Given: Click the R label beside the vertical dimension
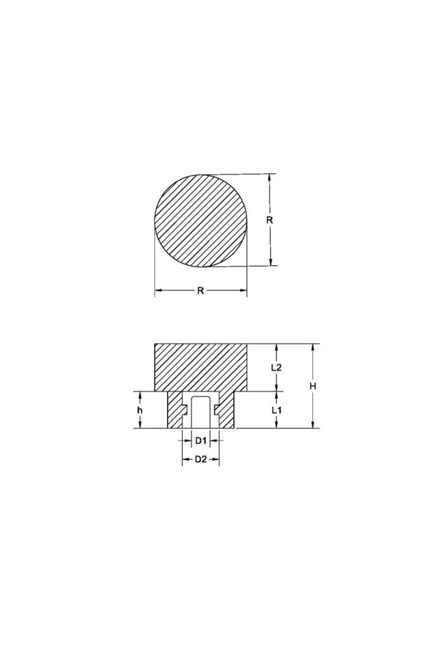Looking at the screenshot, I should tap(270, 219).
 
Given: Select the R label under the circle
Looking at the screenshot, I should tap(200, 291).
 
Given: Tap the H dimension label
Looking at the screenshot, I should tap(314, 386).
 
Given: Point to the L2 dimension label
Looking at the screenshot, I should tap(277, 367).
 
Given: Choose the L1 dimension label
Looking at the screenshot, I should tap(277, 410).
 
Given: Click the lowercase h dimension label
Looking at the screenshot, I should tap(140, 410).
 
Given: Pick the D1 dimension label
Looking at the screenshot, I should tap(200, 440).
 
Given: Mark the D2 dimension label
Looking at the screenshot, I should tap(200, 459).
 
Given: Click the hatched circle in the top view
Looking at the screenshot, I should tap(200, 219).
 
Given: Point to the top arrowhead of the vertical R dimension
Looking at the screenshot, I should tap(270, 177).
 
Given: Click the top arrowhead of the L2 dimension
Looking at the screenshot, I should tap(277, 347).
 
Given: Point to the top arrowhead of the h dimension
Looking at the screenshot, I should tap(140, 394).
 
